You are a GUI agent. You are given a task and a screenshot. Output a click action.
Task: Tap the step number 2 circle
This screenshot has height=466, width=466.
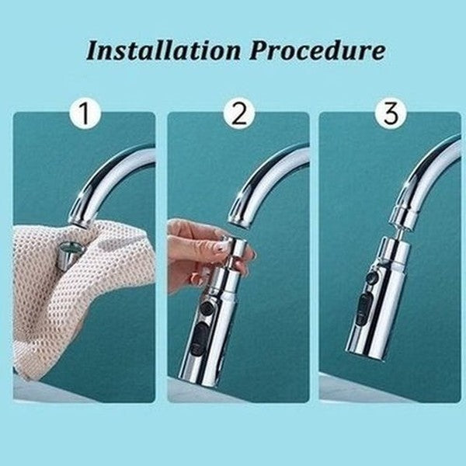pos(239,114)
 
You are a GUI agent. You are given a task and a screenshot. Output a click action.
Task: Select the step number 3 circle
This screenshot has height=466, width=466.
pos(390,114)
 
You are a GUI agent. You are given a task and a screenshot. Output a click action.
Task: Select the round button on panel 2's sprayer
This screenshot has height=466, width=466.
pos(207,310)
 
